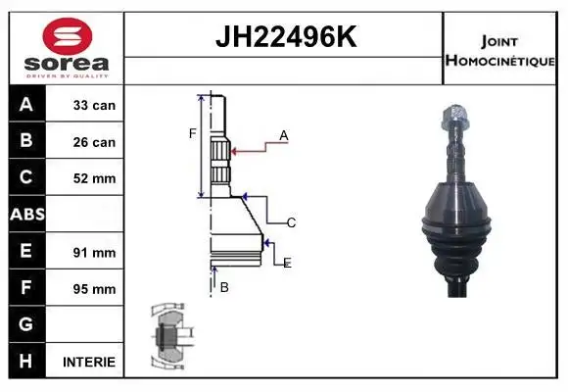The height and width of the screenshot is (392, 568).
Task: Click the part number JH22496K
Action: coord(286,36)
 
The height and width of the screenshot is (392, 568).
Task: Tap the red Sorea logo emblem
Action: coord(68,36)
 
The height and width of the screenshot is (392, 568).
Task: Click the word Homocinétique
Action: coord(499,61)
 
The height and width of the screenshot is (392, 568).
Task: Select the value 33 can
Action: coord(94,106)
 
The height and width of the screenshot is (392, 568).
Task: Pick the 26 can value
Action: coord(94,142)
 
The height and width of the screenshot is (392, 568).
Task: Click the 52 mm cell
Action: coord(94,178)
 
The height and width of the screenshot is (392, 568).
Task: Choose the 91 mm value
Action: coord(94,253)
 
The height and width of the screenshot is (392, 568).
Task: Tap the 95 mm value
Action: coord(94,289)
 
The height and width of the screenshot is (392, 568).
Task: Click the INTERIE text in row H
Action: coord(89,362)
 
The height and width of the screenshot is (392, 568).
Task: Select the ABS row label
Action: coord(27,214)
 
